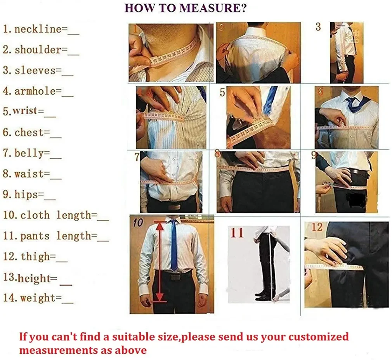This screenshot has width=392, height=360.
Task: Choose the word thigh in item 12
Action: (x=35, y=256)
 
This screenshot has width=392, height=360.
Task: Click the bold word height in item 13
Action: (x=34, y=278)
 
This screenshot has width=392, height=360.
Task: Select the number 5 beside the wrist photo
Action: (x=222, y=92)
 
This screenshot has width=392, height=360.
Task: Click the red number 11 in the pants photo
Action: (x=237, y=233)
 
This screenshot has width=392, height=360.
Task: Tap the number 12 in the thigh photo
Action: (x=317, y=227)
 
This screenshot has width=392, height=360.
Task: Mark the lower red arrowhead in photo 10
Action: (x=160, y=296)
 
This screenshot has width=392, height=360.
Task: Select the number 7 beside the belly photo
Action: (x=137, y=157)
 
